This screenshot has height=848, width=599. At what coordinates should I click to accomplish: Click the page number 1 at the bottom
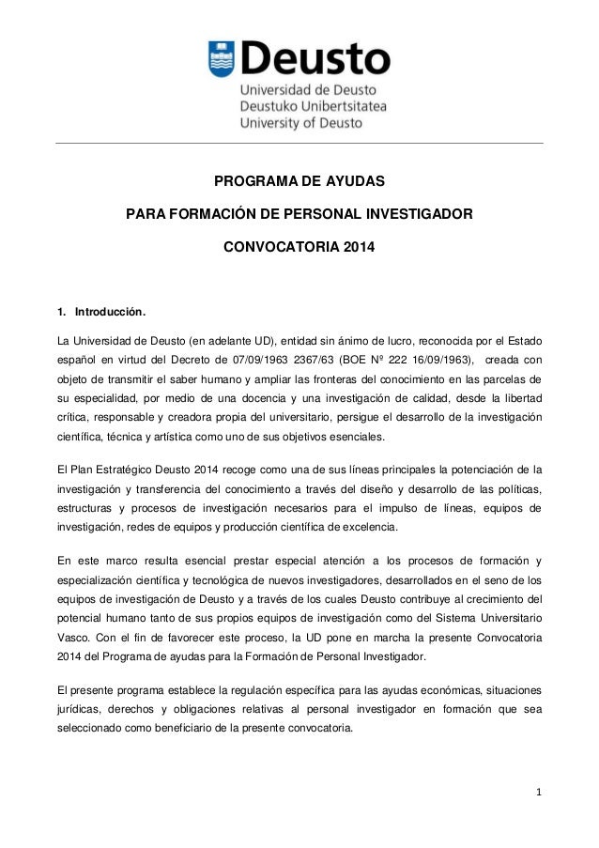(537, 805)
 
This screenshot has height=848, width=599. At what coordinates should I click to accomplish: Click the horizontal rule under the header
(299, 144)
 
